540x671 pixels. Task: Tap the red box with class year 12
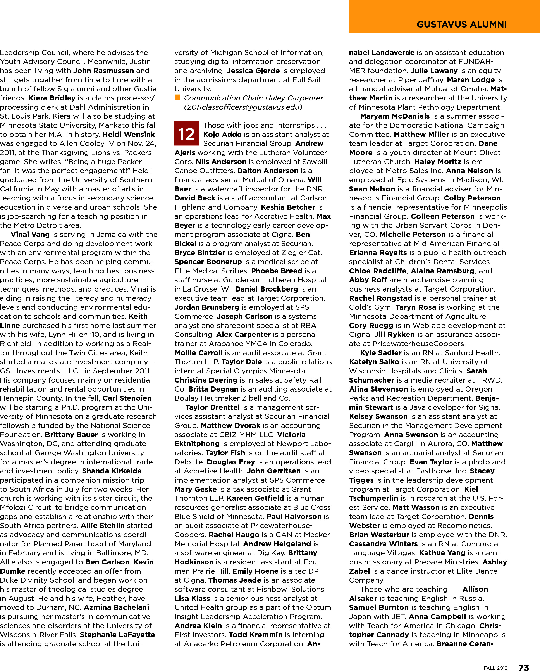coord(187,133)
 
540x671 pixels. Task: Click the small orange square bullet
coord(177,97)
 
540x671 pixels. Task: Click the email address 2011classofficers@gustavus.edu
coord(243,107)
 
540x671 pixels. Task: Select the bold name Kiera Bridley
coord(52,98)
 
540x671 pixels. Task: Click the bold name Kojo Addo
coord(222,135)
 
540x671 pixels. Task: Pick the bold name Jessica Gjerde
coord(253,71)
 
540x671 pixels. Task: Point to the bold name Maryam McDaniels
coord(395,116)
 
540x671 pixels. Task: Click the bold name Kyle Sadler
coord(381,353)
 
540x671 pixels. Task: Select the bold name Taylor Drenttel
coord(212,407)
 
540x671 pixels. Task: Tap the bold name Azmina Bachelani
coord(116,607)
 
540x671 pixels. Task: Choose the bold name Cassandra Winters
coord(383,544)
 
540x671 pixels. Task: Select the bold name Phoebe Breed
coord(277,271)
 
